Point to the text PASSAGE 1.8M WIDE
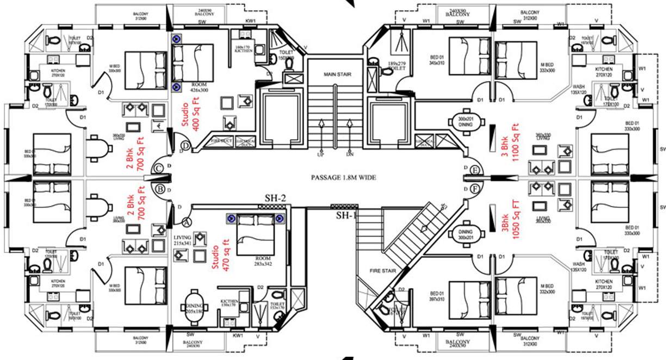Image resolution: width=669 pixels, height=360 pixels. point(343,177)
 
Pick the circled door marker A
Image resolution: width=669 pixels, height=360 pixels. point(187,221)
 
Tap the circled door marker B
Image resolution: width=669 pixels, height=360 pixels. point(160,190)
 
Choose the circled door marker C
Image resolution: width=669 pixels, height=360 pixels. point(158,169)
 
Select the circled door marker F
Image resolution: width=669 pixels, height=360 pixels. point(475,189)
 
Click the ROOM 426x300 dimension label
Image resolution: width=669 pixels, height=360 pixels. point(202,87)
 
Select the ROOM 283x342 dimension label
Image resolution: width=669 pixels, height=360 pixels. point(261,262)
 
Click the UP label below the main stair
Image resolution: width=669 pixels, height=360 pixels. point(320,154)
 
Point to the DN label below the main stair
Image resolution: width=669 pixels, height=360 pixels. point(349,154)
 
